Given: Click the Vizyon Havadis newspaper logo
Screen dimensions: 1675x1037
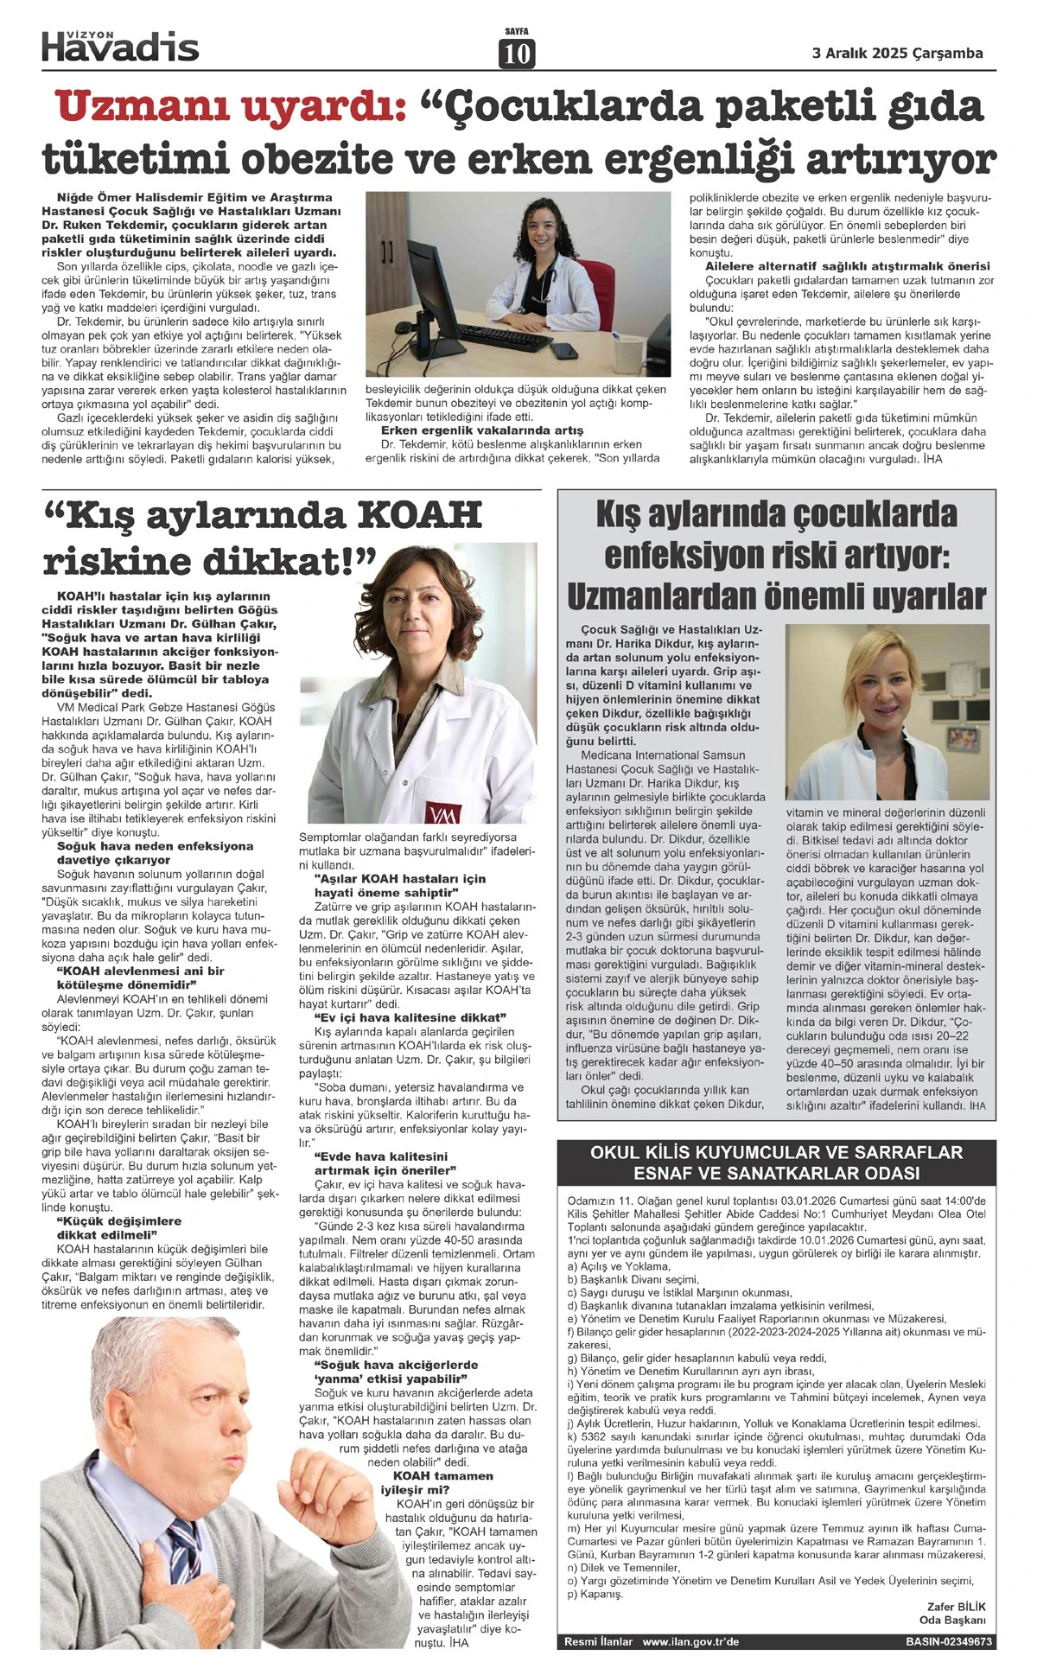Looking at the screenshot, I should [120, 45].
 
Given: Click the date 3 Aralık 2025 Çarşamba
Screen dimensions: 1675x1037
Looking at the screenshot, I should [898, 53].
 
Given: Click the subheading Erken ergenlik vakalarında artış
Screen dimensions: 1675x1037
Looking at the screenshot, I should [481, 430].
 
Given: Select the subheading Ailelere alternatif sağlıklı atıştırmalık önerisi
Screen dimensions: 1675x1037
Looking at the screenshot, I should [848, 265].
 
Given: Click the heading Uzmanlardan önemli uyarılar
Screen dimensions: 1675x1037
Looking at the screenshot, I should [776, 597].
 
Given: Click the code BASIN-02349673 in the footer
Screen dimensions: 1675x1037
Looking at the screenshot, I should [948, 1641].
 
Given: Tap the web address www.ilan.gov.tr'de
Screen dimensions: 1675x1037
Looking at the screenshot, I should [690, 1641].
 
